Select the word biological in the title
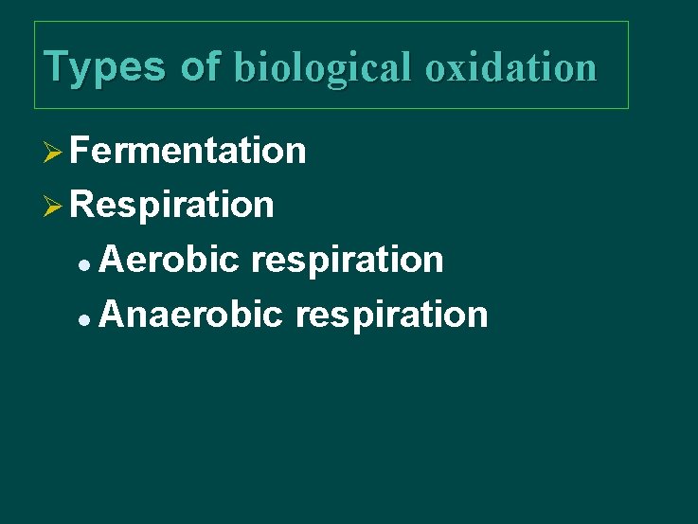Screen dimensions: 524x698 [321, 67]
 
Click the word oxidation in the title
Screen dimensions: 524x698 [510, 67]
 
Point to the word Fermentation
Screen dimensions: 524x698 [188, 151]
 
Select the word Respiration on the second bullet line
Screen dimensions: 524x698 [171, 205]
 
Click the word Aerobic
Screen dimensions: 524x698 [168, 259]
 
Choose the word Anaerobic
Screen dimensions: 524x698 [189, 314]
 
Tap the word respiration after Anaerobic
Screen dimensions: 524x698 [391, 314]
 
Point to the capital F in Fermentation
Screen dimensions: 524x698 [79, 151]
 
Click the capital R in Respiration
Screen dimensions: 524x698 [81, 205]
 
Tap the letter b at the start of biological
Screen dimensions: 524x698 [242, 67]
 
